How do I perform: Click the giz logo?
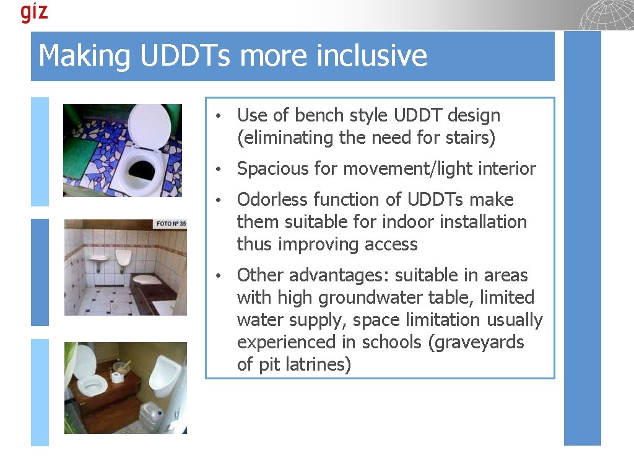[x=34, y=12]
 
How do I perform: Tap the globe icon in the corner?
[x=607, y=15]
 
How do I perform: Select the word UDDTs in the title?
[x=186, y=56]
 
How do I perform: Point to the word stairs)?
[x=471, y=138]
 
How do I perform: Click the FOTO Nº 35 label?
[x=171, y=224]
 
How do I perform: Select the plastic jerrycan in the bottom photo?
[x=150, y=416]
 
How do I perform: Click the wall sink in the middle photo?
[x=98, y=255]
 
